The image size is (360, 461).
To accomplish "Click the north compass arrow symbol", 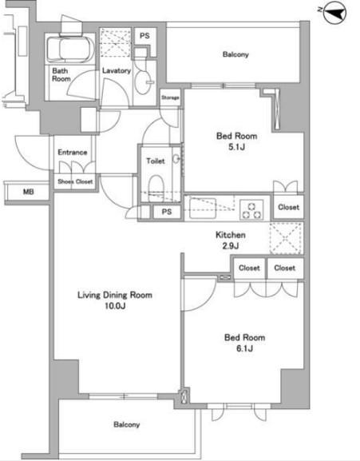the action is tap(334, 13).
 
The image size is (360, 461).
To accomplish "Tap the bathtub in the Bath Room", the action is tap(70, 50).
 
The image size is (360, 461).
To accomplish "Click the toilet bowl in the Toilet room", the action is tap(156, 189).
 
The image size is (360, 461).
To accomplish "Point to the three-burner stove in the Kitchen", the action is tap(251, 209).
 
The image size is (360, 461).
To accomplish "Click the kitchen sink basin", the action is tap(203, 209).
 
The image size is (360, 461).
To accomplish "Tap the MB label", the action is tap(29, 192).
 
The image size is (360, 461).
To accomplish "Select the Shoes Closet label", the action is tap(75, 181).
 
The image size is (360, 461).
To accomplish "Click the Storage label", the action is tap(170, 97).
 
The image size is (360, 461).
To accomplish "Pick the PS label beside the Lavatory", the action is tap(144, 36).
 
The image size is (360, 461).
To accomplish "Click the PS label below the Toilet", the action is tap(167, 212).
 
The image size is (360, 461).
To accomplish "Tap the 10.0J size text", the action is tap(115, 306).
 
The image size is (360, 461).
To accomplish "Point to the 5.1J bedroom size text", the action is tap(236, 147).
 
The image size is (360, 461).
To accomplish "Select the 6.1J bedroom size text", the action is tap(244, 348).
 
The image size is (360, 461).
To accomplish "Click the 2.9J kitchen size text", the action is tap(231, 245).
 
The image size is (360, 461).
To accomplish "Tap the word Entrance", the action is tap(72, 153).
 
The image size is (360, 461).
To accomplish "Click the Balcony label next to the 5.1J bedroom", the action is tap(235, 54).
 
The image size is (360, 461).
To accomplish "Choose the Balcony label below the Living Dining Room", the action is tap(127, 424).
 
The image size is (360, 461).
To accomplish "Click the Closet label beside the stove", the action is tap(289, 207).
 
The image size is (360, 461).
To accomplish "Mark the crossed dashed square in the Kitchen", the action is tap(286, 238).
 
